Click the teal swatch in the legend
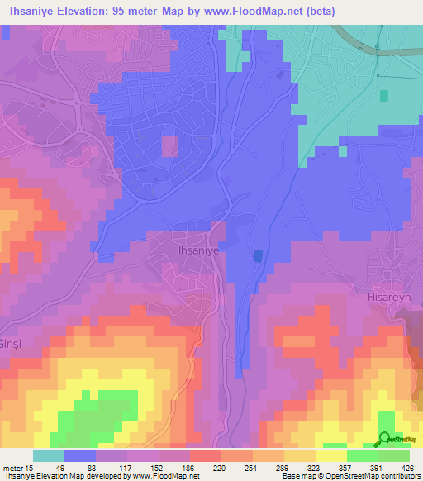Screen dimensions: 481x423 [x=49, y=455]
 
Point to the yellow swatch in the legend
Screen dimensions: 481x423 [x=331, y=455]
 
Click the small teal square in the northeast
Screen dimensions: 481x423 [x=383, y=96]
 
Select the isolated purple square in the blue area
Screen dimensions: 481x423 [x=169, y=145]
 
